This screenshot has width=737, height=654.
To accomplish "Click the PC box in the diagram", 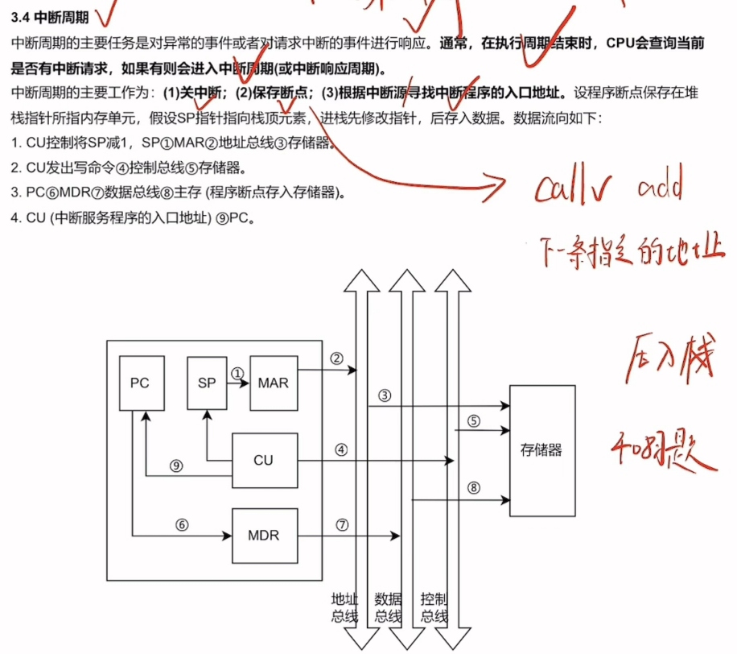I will coord(141,382).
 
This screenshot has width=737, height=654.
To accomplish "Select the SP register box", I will coord(207,383).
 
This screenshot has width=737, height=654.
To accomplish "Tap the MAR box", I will coord(274,383).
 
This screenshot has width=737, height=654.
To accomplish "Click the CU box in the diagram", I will coord(263,461).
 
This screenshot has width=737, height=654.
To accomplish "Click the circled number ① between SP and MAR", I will coord(237,374).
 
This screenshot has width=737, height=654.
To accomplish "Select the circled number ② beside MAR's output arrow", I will coord(337,358).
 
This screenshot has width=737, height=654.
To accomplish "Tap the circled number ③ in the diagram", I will coord(385,395).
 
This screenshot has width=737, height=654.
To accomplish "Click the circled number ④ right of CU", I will coord(341,450).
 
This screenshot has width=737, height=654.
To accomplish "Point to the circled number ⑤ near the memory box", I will coord(474,420).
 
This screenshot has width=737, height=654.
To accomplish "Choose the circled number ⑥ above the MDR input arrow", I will coord(182,524).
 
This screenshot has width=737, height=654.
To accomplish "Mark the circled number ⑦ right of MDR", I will coord(342,524).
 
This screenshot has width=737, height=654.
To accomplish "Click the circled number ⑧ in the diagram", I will coord(474,487).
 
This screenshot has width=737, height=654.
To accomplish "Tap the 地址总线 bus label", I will coord(344,608).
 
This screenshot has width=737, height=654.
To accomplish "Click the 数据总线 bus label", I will coord(389,608).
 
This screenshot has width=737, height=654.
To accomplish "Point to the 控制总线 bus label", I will coord(434,608).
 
